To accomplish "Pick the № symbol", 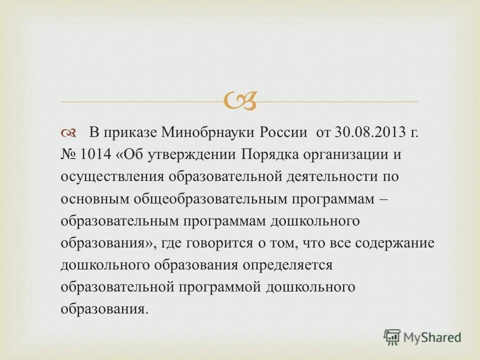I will point(68,155).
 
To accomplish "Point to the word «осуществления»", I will point(112,177).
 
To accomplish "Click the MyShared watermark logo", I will point(422,337).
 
